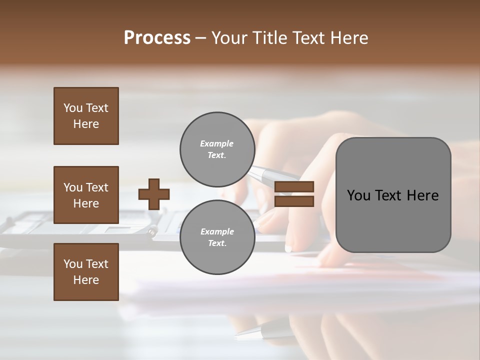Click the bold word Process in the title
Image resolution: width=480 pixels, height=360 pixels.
[157, 38]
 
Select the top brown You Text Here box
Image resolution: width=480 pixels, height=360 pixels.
[86, 116]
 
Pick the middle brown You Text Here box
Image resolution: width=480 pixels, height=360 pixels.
[86, 195]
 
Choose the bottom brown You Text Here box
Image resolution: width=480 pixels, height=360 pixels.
[86, 272]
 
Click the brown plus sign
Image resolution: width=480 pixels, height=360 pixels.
[154, 194]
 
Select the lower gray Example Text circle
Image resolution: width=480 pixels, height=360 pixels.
[217, 237]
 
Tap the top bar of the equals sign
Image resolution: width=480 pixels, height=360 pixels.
[294, 187]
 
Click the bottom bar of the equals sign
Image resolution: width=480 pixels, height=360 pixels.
[294, 201]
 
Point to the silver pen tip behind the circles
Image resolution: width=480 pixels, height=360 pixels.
[272, 175]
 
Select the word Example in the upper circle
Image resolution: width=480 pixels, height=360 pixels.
[217, 143]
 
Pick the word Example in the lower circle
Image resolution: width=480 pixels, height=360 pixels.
[217, 231]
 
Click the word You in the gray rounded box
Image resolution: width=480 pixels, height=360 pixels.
[359, 195]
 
